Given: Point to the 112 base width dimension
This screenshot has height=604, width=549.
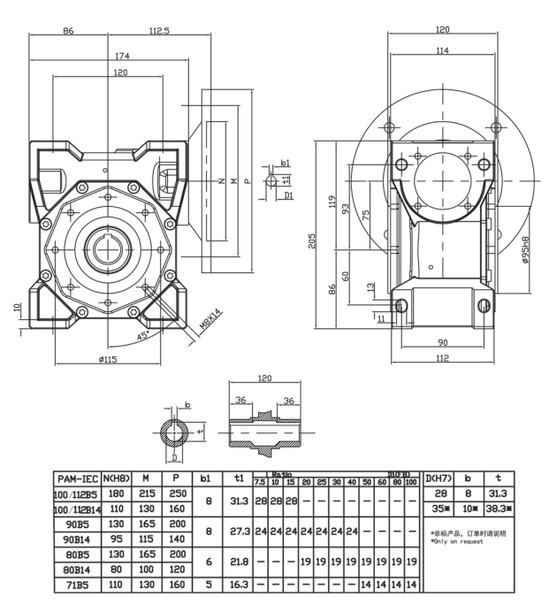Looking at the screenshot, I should pos(442,358).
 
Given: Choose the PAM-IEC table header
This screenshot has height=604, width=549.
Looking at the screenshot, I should pos(75,478).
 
